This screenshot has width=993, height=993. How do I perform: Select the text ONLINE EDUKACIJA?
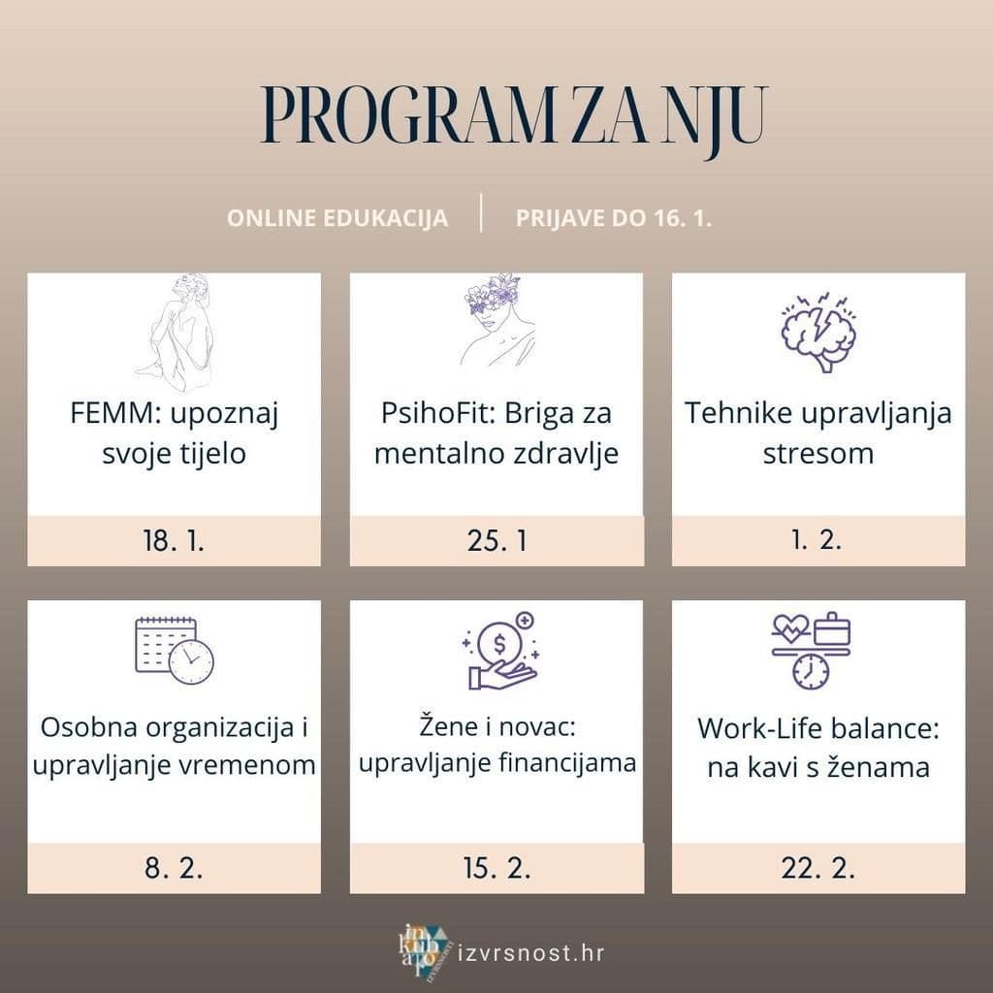337,217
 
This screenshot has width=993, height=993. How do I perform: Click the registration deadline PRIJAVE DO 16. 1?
614,217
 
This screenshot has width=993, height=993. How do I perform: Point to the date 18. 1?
174,541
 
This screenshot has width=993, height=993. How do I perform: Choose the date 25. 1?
496,541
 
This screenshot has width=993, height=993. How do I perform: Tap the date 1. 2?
817,541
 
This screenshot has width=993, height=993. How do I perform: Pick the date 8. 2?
174,868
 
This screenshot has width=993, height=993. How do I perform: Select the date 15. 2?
496,868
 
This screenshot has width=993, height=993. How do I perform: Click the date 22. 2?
817,868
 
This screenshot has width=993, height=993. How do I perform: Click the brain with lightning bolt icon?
818,331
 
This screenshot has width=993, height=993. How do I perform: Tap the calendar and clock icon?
175,651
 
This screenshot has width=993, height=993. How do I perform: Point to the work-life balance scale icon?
811,651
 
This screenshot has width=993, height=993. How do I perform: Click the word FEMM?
103,414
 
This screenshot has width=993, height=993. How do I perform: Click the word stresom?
817,453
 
